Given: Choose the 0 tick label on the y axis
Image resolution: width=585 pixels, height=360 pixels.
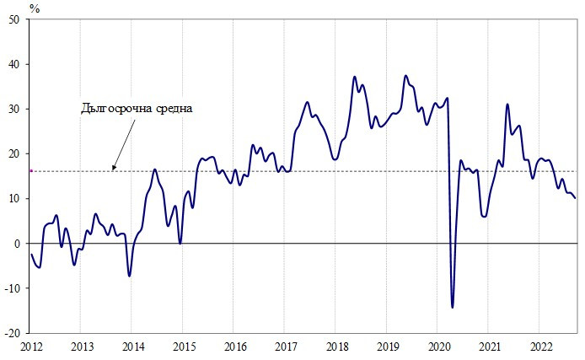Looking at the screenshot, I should click(x=23, y=244).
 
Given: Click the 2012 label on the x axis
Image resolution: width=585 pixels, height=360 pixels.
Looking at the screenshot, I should click(x=31, y=347).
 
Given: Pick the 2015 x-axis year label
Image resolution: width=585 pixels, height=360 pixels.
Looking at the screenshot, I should click(x=184, y=347).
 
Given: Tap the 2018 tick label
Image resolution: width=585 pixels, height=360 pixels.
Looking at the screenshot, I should click(x=336, y=347).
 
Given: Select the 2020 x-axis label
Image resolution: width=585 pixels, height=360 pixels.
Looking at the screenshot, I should click(x=438, y=347).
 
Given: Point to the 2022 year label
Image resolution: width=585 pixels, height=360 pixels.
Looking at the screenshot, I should click(x=540, y=347).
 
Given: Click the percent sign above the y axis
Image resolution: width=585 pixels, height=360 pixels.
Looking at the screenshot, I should click(x=35, y=8).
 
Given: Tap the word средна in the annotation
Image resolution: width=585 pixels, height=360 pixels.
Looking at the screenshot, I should click(x=174, y=108).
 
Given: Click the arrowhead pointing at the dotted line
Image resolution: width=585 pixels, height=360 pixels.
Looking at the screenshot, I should click(x=113, y=169).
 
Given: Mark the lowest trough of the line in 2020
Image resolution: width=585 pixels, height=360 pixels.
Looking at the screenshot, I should click(x=453, y=307).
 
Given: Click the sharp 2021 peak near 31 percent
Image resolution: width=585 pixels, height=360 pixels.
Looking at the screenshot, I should click(x=507, y=105).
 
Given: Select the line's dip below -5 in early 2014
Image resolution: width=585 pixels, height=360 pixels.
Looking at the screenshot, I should click(x=129, y=276).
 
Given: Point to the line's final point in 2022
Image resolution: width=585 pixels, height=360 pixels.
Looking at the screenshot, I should click(x=575, y=198).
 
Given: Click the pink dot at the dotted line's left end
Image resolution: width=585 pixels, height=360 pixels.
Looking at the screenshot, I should click(x=31, y=171).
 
